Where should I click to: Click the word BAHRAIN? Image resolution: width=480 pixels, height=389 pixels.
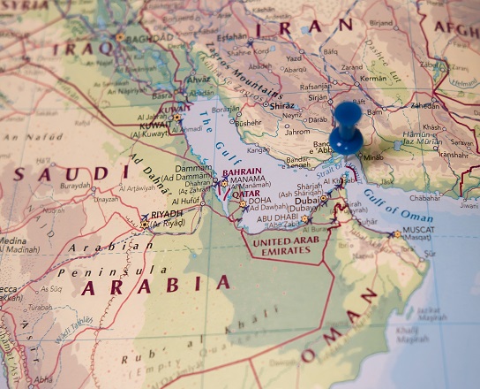point(243,172)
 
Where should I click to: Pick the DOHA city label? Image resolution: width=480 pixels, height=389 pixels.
point(259,201)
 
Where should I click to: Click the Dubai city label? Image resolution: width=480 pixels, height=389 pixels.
point(307,199)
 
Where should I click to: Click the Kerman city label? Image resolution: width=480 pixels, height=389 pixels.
point(373,79)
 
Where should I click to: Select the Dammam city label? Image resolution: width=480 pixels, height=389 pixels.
point(193,167)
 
